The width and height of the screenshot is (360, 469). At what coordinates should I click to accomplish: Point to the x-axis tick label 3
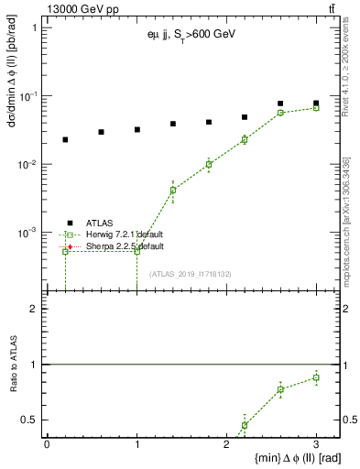coord(316,444)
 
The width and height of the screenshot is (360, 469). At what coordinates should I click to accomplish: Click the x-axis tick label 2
coord(226,444)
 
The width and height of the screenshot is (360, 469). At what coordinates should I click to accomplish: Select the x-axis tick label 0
coord(47,444)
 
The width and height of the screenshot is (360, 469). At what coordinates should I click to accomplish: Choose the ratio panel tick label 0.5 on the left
coord(30,420)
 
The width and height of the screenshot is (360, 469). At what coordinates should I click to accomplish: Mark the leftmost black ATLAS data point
coord(65,139)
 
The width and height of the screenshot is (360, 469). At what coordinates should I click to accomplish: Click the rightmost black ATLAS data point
coord(316,104)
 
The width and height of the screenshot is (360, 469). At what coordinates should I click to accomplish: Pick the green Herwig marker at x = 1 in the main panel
coord(136,251)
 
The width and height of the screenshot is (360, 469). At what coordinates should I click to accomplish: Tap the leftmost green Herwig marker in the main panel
coord(65,251)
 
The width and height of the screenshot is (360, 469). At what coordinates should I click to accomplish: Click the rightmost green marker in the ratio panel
coord(316,377)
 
